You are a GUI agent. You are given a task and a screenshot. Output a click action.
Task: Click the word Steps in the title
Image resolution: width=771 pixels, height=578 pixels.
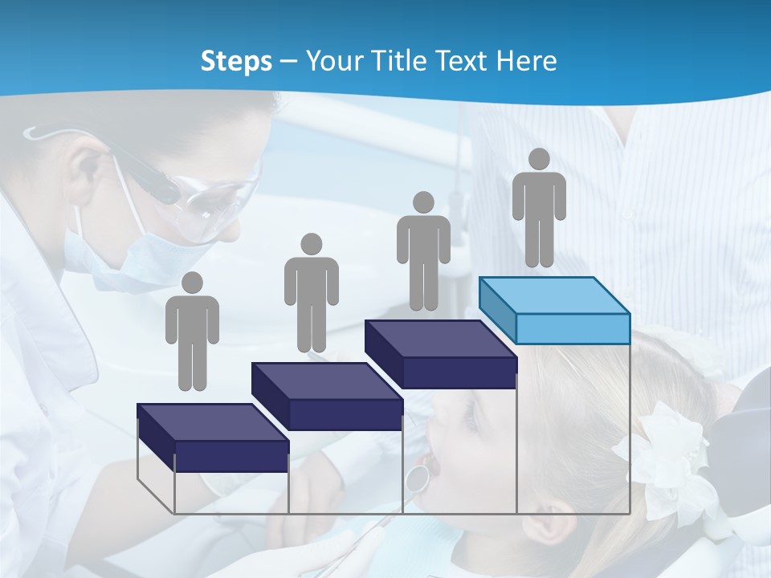[236, 61]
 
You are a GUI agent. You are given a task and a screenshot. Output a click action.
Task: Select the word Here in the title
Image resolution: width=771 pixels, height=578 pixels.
[525, 61]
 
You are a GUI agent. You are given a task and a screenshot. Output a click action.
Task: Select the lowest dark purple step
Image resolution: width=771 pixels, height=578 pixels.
[213, 438]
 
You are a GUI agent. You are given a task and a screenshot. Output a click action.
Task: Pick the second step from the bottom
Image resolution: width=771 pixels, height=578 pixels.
[327, 397]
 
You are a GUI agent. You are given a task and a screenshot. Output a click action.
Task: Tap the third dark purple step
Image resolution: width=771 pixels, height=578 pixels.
[440, 354]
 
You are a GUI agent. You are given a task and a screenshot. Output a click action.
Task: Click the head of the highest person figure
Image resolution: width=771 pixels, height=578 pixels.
[539, 159]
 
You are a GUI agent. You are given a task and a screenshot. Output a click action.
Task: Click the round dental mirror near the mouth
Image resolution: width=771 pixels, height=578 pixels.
[416, 478]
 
